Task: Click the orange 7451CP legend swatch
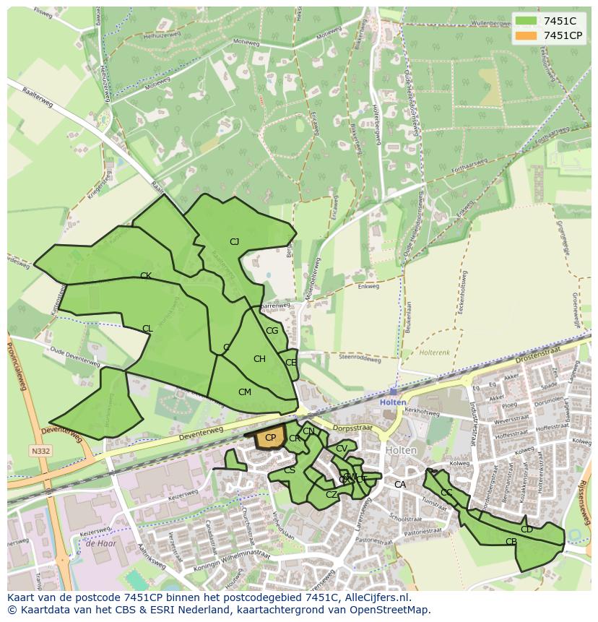(x=526, y=35)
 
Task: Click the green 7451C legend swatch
(x=526, y=21)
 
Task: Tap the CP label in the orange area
(x=270, y=438)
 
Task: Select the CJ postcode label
(x=234, y=242)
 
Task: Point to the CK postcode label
(x=145, y=276)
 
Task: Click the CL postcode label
(x=147, y=329)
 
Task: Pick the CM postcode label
(x=245, y=392)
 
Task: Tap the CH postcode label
(x=259, y=359)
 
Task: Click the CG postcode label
(x=272, y=331)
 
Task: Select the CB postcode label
(x=511, y=542)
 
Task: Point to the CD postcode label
(x=526, y=530)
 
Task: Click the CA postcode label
(x=399, y=485)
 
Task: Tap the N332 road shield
(x=40, y=452)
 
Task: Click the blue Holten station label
(x=394, y=402)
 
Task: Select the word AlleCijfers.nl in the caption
(x=375, y=597)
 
